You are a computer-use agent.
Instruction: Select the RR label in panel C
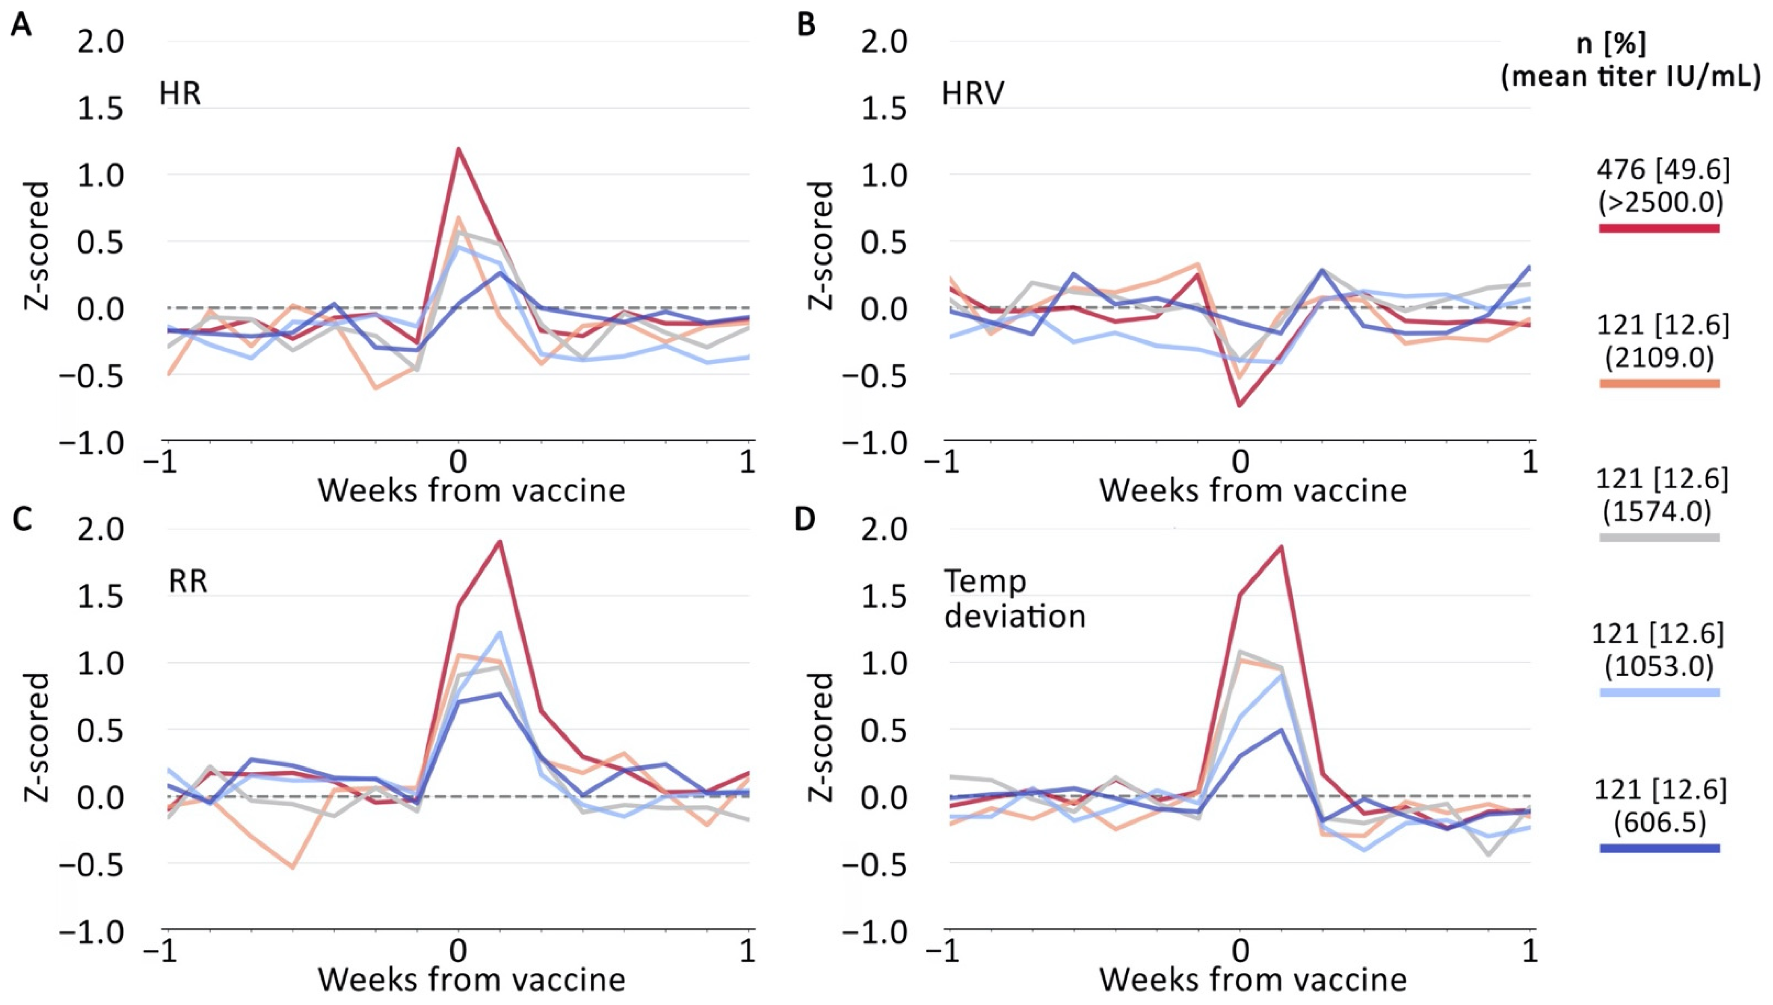[188, 582]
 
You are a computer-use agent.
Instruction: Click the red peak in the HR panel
[458, 149]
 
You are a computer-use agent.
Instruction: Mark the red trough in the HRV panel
[1240, 405]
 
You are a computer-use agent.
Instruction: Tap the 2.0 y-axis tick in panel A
[100, 42]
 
